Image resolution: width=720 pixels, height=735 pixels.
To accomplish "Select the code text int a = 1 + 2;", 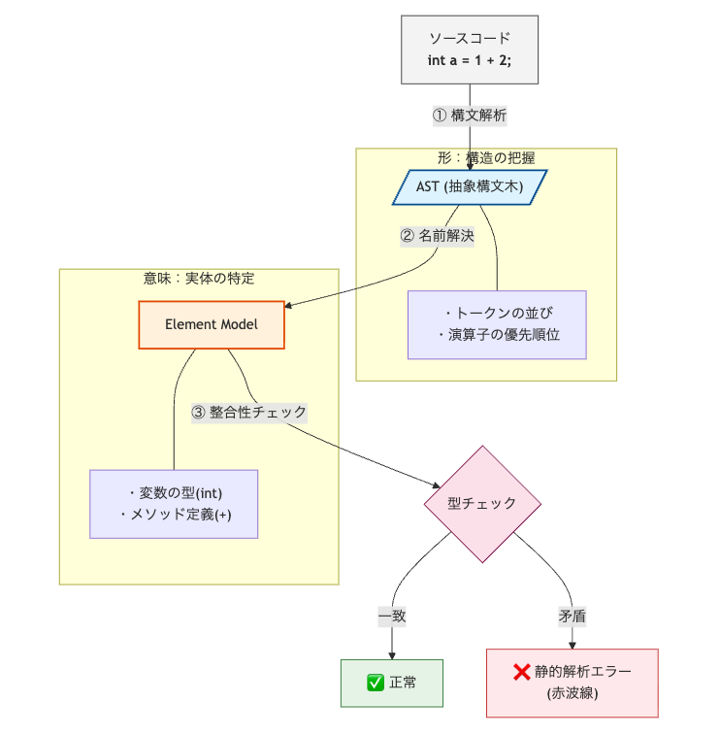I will tap(470, 60).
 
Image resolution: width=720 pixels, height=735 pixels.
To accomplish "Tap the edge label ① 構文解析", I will tap(470, 115).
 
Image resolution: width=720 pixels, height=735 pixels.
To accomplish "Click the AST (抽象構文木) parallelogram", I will tap(470, 186).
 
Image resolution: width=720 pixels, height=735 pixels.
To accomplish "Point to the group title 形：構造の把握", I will tap(486, 157).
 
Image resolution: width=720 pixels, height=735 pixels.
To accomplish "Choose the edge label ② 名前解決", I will tap(437, 236).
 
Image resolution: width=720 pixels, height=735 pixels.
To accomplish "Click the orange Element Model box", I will tap(212, 324).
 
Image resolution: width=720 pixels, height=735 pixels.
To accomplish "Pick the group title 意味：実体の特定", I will tap(199, 278).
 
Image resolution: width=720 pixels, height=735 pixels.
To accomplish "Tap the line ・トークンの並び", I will tap(497, 314).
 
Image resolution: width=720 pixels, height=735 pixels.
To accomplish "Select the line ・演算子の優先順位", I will tap(497, 335).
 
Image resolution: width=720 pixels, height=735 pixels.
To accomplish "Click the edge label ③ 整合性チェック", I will tap(249, 412).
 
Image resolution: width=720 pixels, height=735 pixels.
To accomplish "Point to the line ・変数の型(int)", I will tap(174, 492).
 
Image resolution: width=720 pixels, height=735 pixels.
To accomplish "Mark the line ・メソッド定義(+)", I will tap(174, 514).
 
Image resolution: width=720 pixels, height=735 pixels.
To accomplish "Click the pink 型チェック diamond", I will tap(482, 503).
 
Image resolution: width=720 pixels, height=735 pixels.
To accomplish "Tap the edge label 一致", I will tap(392, 616).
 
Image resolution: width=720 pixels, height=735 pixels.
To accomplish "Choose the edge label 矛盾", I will tap(572, 616).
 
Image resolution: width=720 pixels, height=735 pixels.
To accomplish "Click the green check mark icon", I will tap(376, 683).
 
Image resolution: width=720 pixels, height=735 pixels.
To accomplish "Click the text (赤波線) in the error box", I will tap(572, 693).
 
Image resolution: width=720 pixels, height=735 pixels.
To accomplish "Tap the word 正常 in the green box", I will tap(403, 683).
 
